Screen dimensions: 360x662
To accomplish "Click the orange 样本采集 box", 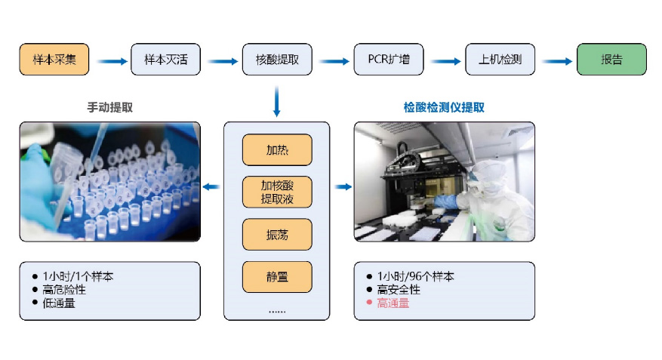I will (x=54, y=60).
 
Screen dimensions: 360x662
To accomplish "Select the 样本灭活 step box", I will (x=165, y=60).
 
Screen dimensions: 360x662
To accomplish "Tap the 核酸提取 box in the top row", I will (x=276, y=60).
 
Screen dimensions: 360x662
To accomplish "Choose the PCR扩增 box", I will (x=389, y=60).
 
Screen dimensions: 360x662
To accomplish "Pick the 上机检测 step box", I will (x=500, y=60).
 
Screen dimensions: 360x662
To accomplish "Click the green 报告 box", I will (x=611, y=60).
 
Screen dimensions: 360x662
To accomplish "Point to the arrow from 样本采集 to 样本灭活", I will (x=110, y=60).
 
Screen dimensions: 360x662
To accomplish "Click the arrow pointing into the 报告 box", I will (x=556, y=60).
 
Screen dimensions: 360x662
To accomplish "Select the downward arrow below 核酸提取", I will (x=276, y=101).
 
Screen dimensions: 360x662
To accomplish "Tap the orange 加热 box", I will (x=276, y=149).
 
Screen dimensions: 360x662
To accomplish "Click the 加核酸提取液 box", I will (x=276, y=192).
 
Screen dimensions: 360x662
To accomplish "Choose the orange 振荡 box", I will (x=276, y=234).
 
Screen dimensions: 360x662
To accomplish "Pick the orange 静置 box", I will (x=276, y=276).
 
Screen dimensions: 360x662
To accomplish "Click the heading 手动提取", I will (x=110, y=107).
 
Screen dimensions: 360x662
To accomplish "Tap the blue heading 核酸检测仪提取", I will (x=444, y=107).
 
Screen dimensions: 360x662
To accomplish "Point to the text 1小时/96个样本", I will (x=414, y=277).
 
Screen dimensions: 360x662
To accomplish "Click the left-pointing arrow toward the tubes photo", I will (x=212, y=186).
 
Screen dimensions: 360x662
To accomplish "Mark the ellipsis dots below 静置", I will (x=276, y=309).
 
